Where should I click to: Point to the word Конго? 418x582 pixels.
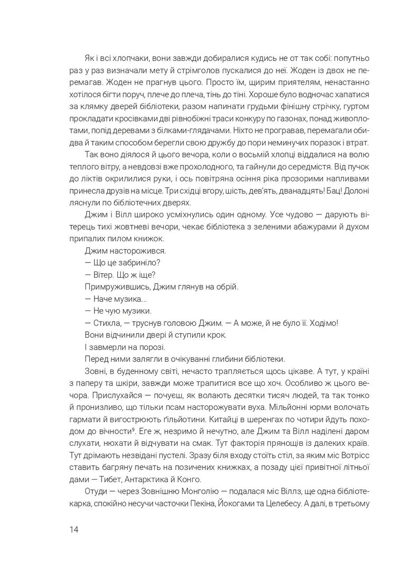pyautogui.click(x=190, y=479)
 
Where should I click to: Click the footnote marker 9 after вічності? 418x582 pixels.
pyautogui.click(x=133, y=429)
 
